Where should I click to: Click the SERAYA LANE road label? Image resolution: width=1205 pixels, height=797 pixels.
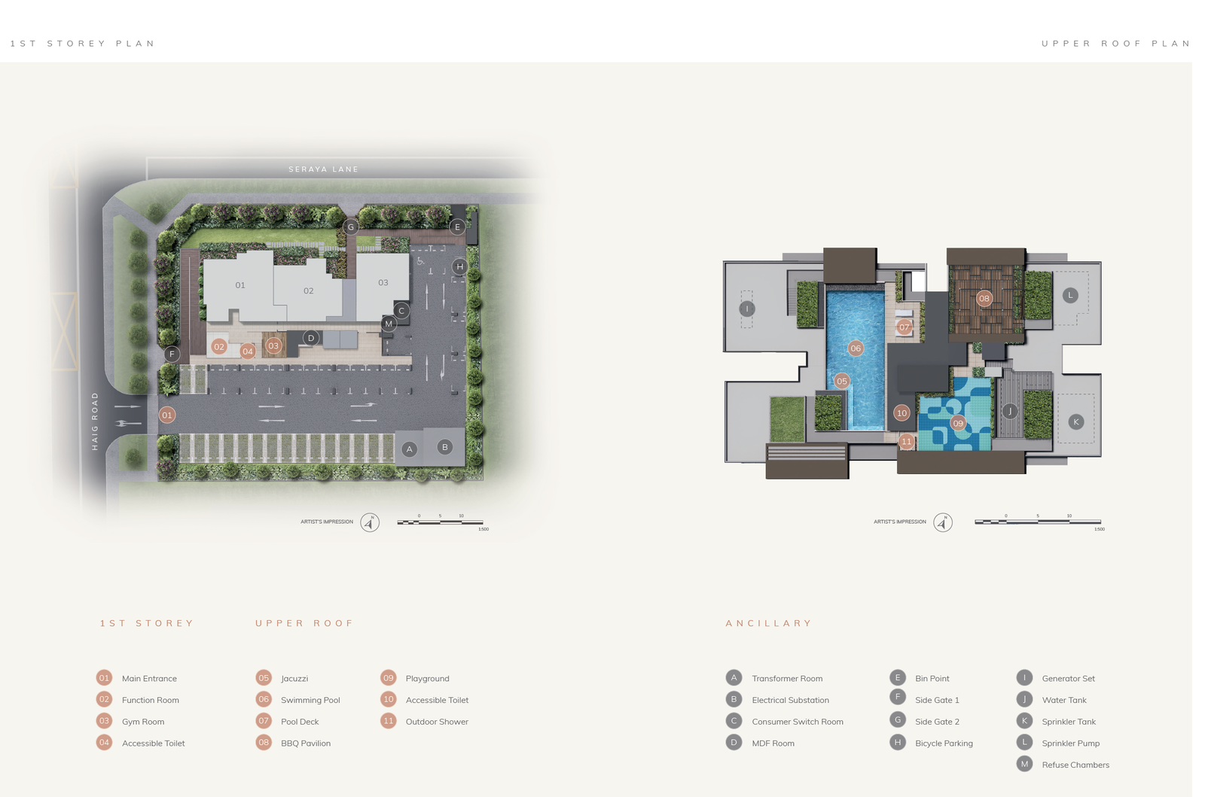pos(324,169)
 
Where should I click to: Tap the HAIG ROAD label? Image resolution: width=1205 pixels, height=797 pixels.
pos(95,421)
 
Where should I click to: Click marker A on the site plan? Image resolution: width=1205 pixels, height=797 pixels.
pos(409,449)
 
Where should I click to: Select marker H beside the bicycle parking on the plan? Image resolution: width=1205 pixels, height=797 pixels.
pos(459,266)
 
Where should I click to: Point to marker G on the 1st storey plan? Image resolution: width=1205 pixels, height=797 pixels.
pos(350,227)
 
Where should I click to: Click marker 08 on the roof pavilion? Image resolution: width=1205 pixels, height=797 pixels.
pos(984,299)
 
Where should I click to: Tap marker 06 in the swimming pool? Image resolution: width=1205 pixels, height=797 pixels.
pos(856,348)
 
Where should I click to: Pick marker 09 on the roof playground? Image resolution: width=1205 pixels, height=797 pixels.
pos(957,423)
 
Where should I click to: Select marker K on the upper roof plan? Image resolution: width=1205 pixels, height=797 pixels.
pos(1075,422)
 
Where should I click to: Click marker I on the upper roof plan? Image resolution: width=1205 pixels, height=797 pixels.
pos(746,309)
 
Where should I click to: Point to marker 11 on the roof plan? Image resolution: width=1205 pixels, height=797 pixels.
pos(906,442)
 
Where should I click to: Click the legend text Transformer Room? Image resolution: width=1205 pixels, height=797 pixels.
pos(787,679)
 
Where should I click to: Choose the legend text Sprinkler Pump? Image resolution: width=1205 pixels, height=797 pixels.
pos(1070,744)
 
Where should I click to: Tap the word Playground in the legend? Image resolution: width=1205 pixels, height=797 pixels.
pos(427,679)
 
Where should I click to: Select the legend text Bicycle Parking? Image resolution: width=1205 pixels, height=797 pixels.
pos(944,744)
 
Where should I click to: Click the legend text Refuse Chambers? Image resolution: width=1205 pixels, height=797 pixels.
pos(1075,765)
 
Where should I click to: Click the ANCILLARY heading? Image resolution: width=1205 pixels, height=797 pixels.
pos(768,623)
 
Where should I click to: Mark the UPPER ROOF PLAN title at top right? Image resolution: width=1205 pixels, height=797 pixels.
pos(1115,44)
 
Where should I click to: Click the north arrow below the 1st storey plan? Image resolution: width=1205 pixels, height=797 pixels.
pos(370,522)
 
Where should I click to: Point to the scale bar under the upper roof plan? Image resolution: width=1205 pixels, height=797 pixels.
pos(1037,522)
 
